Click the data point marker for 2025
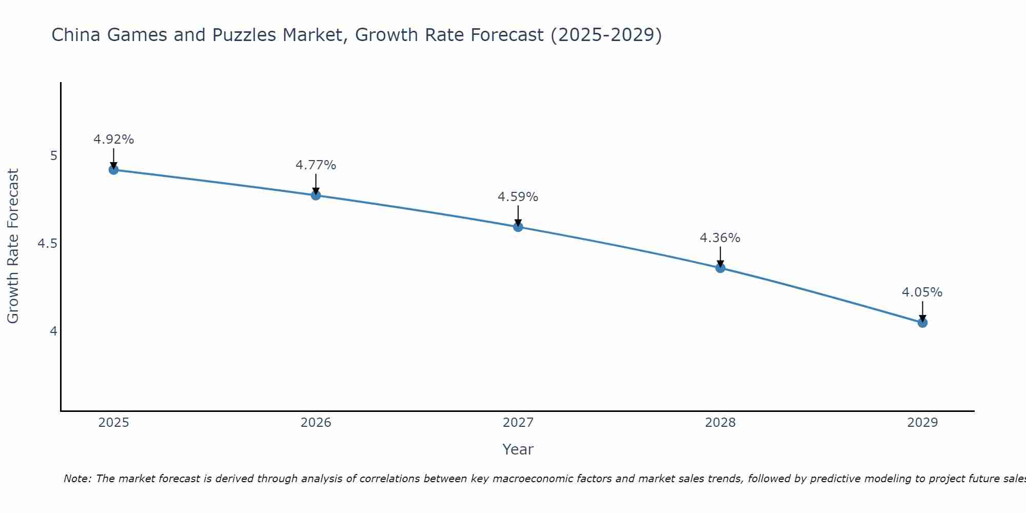point(114,170)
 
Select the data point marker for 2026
point(316,195)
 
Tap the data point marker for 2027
point(518,227)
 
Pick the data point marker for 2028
point(720,268)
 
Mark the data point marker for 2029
point(922,323)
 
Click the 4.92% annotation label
point(114,140)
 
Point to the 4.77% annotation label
point(316,165)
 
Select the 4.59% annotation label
point(518,197)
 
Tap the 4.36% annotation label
point(720,238)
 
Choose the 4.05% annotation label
point(922,292)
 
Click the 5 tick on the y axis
point(53,156)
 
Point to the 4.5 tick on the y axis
point(47,244)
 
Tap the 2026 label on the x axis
point(316,423)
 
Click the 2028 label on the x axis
point(720,423)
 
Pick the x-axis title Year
point(518,449)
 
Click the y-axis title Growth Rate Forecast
point(13,246)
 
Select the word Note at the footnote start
point(77,479)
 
